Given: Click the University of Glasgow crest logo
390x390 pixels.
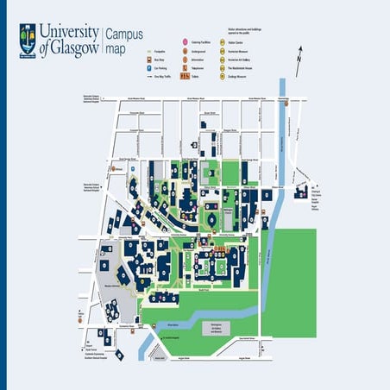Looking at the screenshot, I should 28,38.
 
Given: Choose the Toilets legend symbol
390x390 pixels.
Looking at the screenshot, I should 185,77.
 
